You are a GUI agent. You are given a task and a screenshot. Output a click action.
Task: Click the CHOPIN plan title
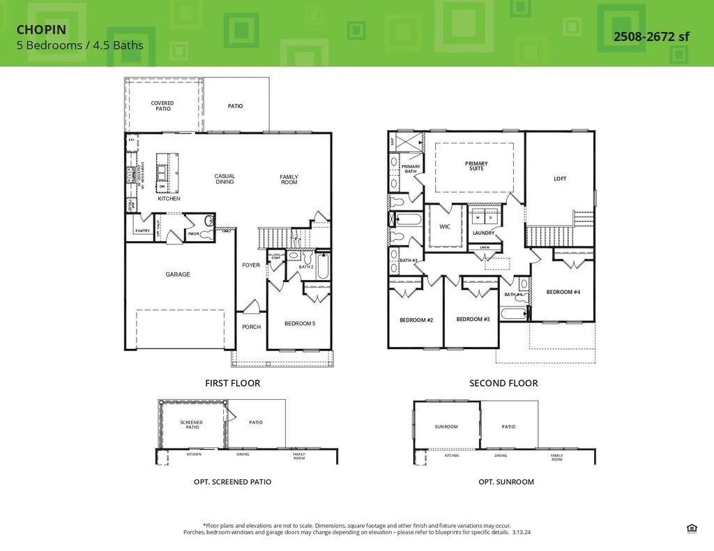click(x=41, y=31)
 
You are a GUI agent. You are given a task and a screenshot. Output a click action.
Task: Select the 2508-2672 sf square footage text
click(x=651, y=36)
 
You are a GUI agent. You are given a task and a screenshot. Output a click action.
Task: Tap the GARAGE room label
click(x=178, y=274)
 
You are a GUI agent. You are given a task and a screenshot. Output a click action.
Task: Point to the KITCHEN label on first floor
click(x=169, y=199)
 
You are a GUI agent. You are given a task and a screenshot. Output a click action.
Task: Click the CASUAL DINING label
click(x=225, y=179)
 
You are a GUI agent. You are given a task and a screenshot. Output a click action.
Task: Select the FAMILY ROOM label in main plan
click(x=289, y=180)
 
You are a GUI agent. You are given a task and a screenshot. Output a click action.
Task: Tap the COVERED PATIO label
click(x=162, y=106)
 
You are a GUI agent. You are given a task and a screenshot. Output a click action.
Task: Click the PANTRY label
click(x=142, y=231)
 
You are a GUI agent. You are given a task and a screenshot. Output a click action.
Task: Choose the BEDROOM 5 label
click(x=300, y=323)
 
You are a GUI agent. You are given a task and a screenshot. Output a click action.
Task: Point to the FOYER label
click(x=251, y=265)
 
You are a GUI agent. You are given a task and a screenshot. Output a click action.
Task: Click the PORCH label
click(x=251, y=327)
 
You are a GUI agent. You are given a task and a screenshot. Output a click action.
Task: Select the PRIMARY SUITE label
click(x=476, y=166)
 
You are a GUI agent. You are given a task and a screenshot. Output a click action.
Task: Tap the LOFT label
click(x=560, y=179)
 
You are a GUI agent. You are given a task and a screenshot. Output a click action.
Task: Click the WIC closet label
click(x=445, y=226)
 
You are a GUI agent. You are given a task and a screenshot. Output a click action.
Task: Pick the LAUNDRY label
click(x=483, y=233)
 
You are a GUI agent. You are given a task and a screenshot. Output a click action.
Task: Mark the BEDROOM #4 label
click(x=563, y=292)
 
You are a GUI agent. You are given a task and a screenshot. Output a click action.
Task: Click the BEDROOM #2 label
click(x=416, y=320)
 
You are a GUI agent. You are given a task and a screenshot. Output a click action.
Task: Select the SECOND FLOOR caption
click(x=503, y=383)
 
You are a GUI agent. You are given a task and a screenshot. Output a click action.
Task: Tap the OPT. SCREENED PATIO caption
click(x=232, y=481)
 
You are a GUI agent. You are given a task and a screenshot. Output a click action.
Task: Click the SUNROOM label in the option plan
click(x=446, y=426)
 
